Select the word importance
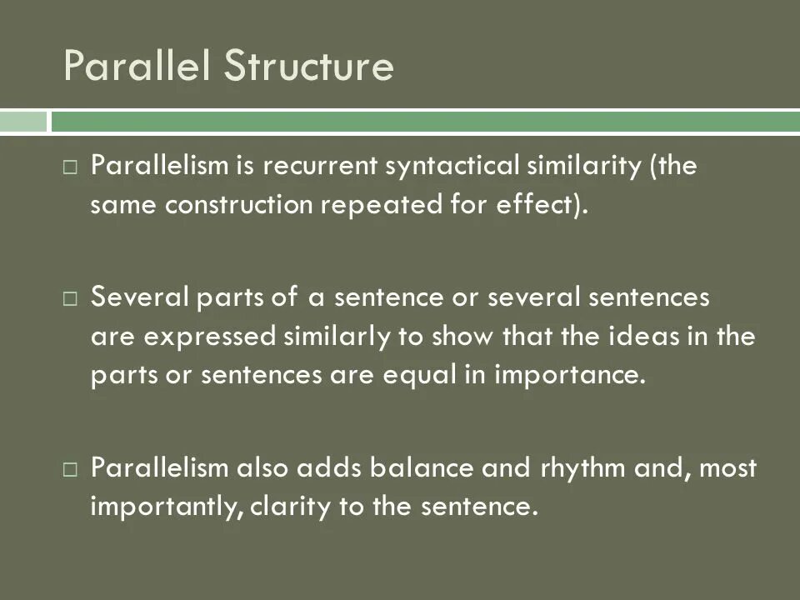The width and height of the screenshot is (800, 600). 570,376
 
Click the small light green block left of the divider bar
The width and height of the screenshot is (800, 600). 23,122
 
